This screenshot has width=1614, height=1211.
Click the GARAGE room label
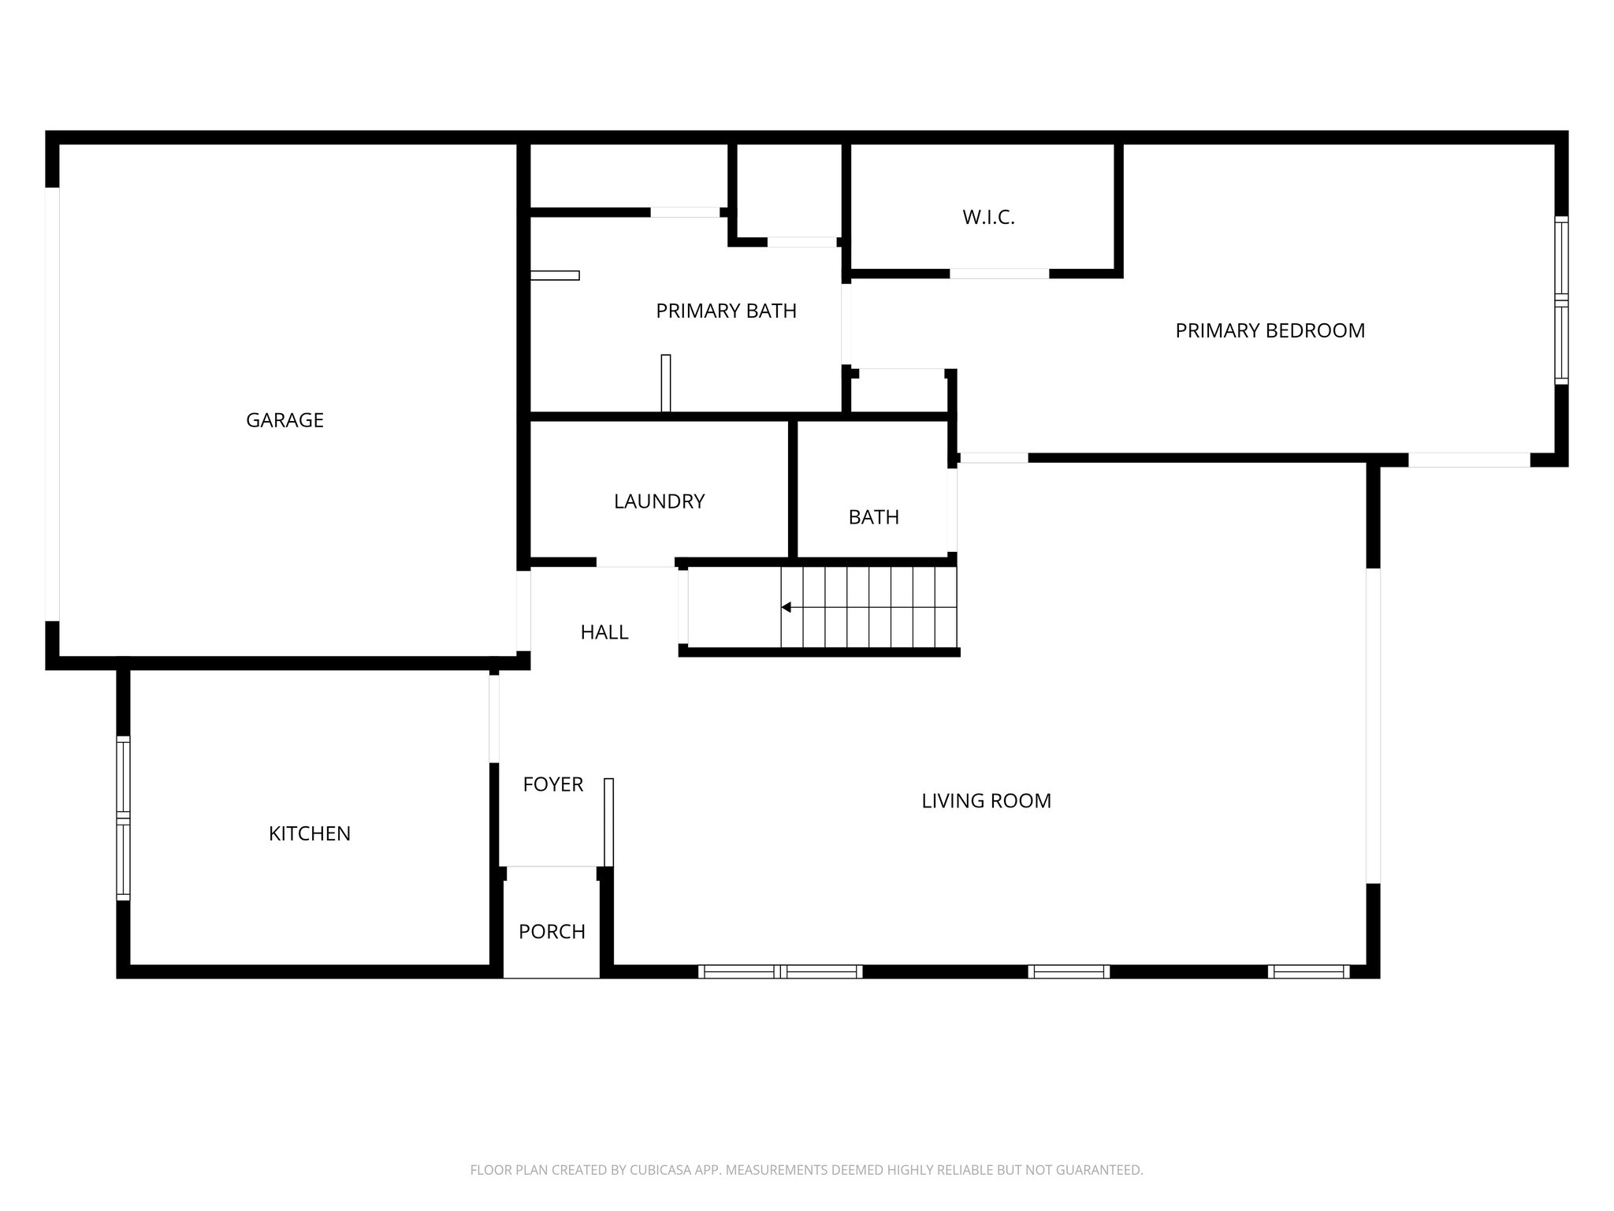pyautogui.click(x=284, y=420)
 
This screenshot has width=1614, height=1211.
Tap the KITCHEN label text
pyautogui.click(x=309, y=834)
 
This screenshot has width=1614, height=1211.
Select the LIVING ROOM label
pyautogui.click(x=986, y=801)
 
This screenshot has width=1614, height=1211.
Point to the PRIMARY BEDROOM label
pyautogui.click(x=1270, y=331)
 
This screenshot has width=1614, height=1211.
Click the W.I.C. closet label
pyautogui.click(x=988, y=218)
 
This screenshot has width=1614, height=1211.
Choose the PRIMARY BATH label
pyautogui.click(x=726, y=311)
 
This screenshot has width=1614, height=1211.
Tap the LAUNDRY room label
pyautogui.click(x=659, y=501)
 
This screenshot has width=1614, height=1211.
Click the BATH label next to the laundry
pyautogui.click(x=873, y=517)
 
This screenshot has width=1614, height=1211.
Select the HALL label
pyautogui.click(x=604, y=632)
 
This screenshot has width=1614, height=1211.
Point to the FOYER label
pyautogui.click(x=552, y=784)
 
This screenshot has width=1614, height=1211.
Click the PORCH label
pyautogui.click(x=552, y=932)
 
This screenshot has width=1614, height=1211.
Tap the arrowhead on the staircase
pyautogui.click(x=786, y=607)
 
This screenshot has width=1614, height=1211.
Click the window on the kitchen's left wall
pyautogui.click(x=123, y=818)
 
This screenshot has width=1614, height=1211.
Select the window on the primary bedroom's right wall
pyautogui.click(x=1561, y=300)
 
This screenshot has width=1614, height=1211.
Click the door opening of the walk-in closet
pyautogui.click(x=999, y=274)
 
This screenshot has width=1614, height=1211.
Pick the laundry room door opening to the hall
pyautogui.click(x=635, y=562)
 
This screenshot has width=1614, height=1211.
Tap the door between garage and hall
pyautogui.click(x=523, y=611)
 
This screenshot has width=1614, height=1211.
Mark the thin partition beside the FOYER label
pyautogui.click(x=608, y=822)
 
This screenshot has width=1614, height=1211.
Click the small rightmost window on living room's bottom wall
pyautogui.click(x=1308, y=971)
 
